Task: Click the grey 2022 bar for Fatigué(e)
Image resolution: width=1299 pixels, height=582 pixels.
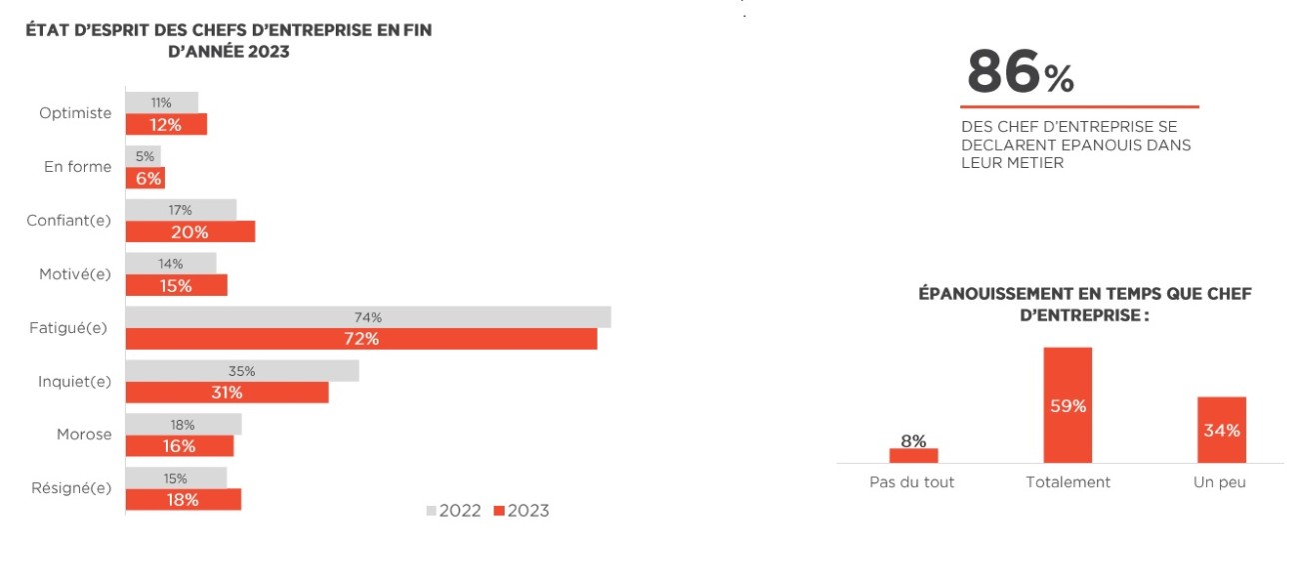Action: pos(368,317)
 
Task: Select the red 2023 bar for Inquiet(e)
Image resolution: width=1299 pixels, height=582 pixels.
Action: pos(227,392)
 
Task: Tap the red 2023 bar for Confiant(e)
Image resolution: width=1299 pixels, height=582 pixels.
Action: pos(190,231)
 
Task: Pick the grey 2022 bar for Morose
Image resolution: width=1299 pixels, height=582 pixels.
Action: pos(183,424)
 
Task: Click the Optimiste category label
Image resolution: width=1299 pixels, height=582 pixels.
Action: pos(75,113)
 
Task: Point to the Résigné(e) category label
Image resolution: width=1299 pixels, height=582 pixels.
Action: pos(70,488)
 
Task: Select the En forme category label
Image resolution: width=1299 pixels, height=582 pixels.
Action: pos(78,167)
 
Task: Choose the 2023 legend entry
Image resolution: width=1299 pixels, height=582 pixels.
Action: pos(522,511)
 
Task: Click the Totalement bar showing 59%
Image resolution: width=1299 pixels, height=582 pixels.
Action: pos(1068,405)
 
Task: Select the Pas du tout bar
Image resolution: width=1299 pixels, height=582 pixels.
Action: pos(913,455)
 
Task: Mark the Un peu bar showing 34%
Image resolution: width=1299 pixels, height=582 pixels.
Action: pos(1222,430)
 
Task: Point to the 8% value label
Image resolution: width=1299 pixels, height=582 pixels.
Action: pos(913,440)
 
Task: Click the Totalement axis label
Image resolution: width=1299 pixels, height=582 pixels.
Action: pos(1068,482)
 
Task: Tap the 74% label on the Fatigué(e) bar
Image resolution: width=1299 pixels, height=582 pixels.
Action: pos(368,317)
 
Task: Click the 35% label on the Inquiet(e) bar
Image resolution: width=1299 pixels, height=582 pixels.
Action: pos(242,371)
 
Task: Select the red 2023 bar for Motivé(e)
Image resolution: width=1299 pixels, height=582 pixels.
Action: pos(176,285)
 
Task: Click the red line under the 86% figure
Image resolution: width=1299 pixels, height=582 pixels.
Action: pos(1079,107)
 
